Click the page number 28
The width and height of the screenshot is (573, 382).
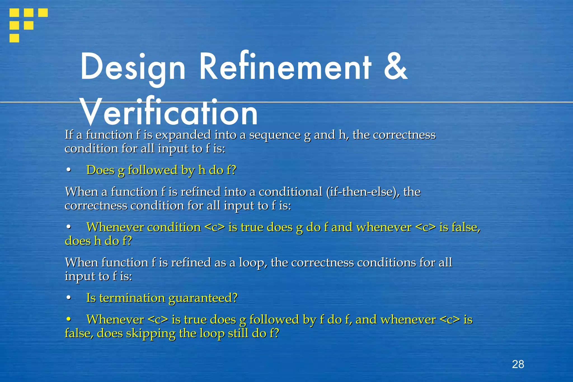pyautogui.click(x=518, y=364)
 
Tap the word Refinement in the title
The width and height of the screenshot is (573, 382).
pyautogui.click(x=285, y=67)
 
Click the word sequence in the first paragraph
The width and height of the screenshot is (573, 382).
pyautogui.click(x=275, y=135)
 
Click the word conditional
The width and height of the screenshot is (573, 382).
pyautogui.click(x=290, y=192)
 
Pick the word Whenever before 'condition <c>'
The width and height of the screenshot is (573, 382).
pyautogui.click(x=115, y=227)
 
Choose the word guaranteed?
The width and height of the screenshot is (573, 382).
pyautogui.click(x=203, y=298)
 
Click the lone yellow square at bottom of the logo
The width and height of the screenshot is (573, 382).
pyautogui.click(x=14, y=38)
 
